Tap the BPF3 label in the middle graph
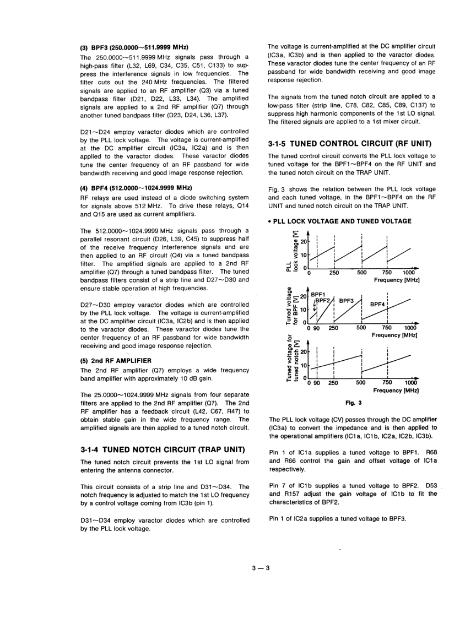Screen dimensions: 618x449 346,301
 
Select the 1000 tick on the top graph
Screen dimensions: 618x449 408,272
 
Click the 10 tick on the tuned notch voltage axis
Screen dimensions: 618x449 302,365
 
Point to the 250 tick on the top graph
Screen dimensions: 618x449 334,272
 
